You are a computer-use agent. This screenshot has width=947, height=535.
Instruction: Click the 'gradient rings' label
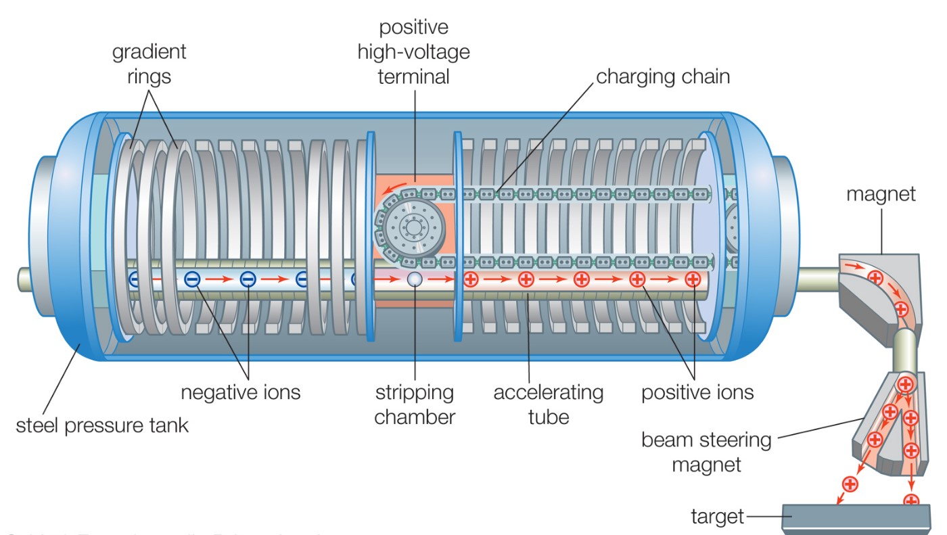point(148,64)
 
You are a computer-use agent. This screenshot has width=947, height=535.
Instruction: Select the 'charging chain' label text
point(663,76)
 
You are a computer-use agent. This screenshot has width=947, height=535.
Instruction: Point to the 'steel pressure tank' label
point(102,425)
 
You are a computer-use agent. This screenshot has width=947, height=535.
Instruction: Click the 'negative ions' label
point(240,392)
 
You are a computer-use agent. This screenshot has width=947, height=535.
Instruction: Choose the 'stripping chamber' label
point(415,404)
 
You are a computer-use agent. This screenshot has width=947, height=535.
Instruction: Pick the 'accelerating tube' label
point(548,404)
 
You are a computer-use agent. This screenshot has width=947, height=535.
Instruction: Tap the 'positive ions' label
point(697,392)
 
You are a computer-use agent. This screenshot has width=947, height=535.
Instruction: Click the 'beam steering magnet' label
point(706,452)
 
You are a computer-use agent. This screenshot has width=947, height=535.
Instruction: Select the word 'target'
point(716,517)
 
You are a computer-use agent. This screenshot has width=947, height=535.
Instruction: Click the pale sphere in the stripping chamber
point(415,279)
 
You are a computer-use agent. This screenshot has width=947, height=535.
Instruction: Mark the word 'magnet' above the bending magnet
point(881,194)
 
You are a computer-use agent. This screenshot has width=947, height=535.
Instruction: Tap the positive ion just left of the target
point(850,484)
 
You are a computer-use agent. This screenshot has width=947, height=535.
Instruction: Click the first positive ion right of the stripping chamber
point(470,279)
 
